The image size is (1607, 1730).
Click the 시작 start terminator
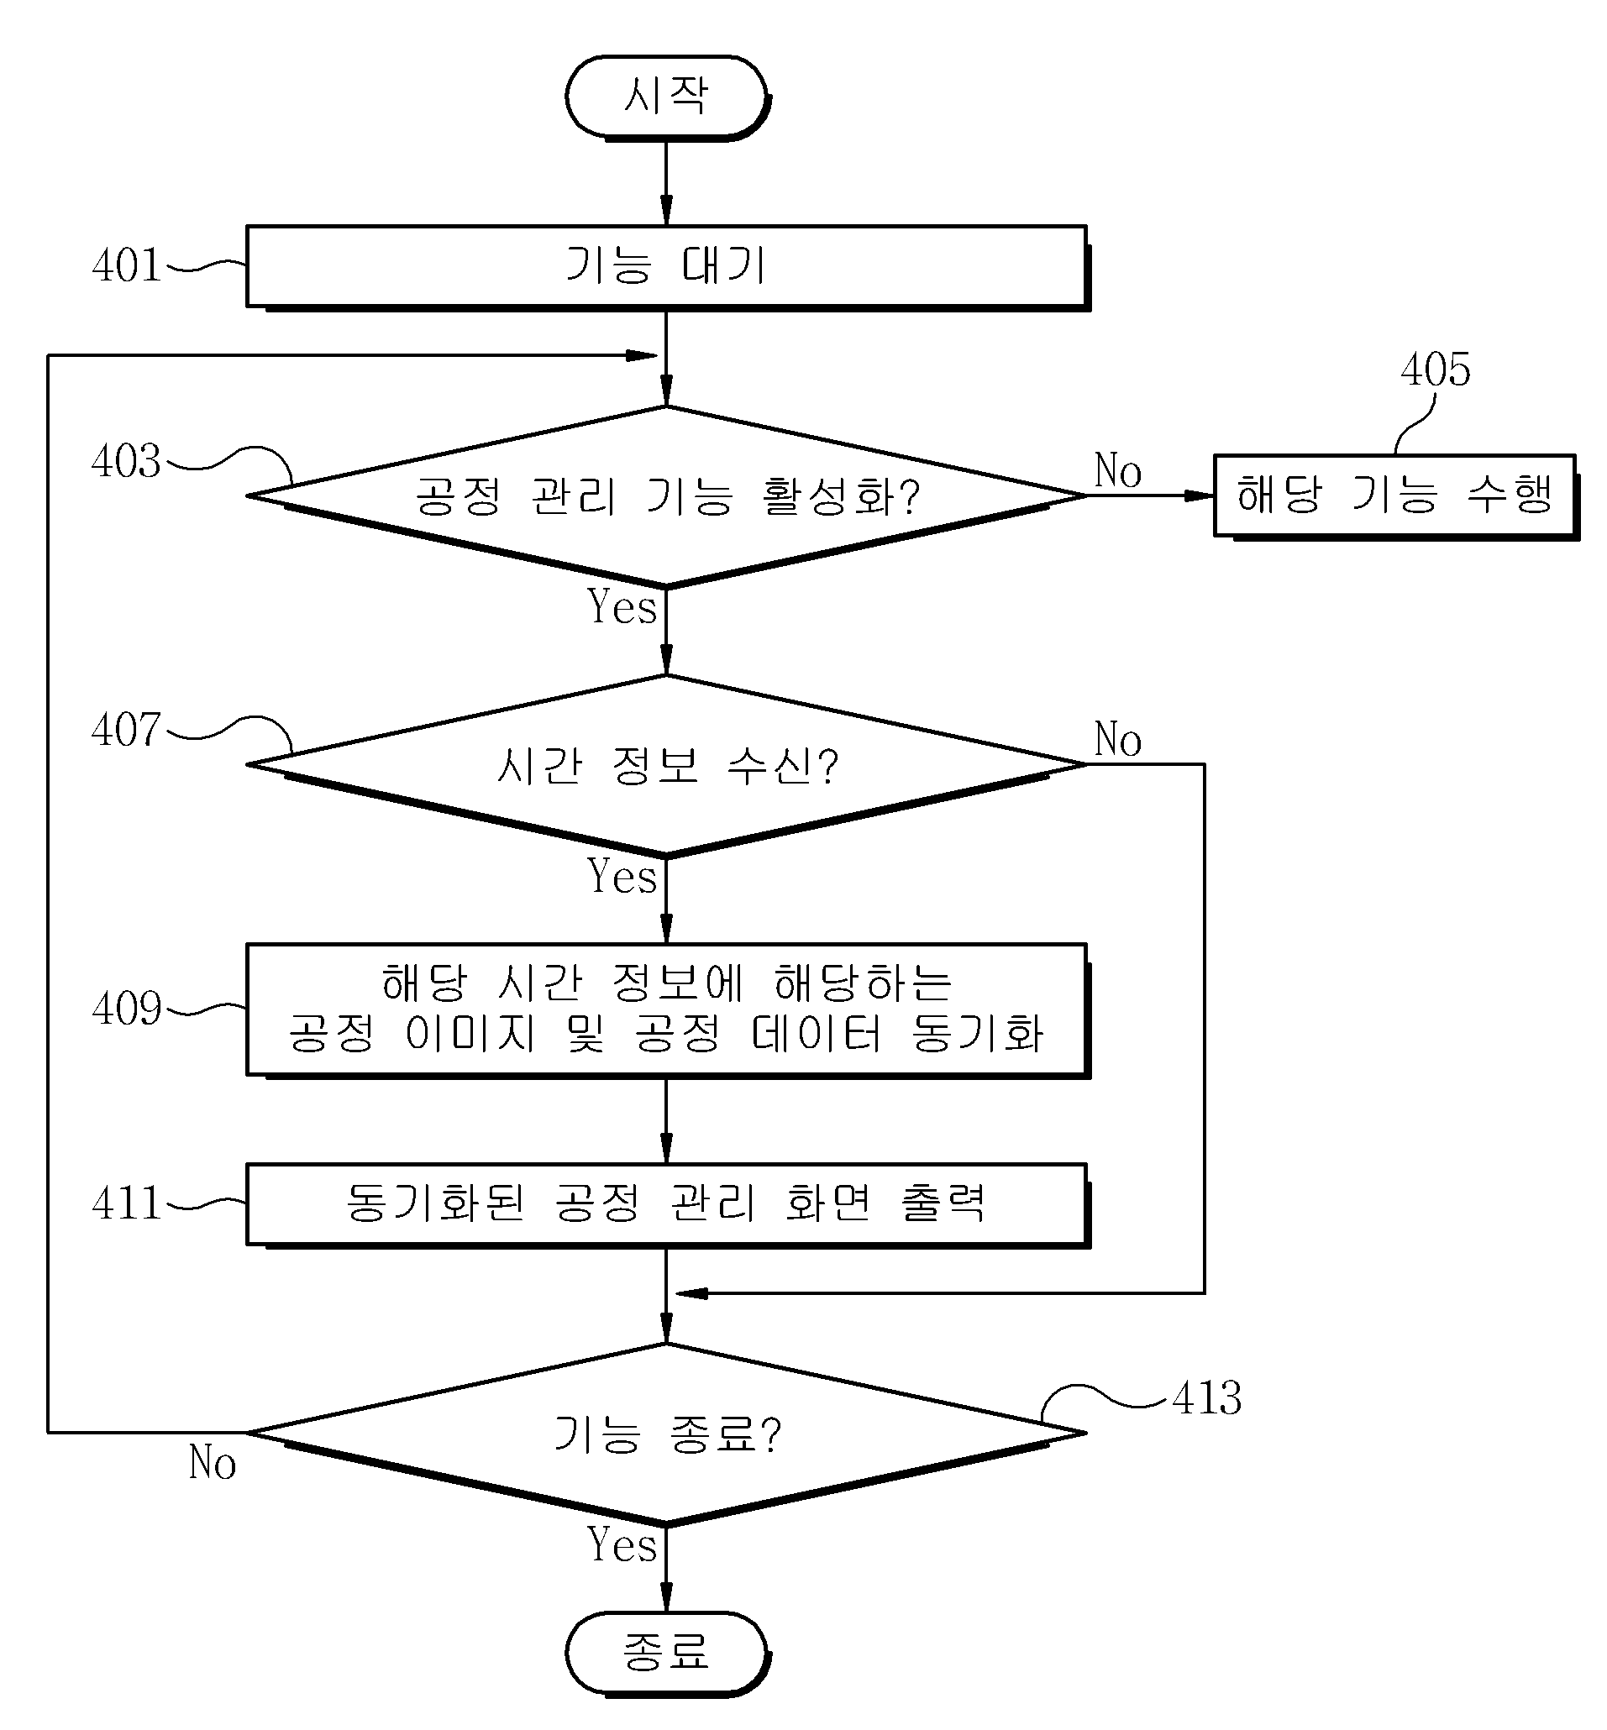point(667,97)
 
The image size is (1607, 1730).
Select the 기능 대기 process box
point(668,267)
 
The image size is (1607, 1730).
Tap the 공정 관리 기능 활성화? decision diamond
point(667,496)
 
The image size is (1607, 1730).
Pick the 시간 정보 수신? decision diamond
point(667,765)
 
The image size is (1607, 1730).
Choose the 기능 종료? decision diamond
point(667,1434)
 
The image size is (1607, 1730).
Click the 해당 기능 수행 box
point(1395,495)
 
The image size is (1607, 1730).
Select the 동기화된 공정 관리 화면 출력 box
point(668,1205)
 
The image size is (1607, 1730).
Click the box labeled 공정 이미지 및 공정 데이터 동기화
point(668,1011)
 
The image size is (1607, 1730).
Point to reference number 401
point(127,265)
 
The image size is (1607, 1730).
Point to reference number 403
point(127,461)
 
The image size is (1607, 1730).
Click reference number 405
point(1436,370)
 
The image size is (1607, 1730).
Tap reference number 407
point(127,730)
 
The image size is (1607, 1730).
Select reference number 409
point(127,1009)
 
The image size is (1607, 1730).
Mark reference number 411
point(127,1203)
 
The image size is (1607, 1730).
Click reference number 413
point(1207,1398)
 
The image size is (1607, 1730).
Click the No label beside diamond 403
point(1118,470)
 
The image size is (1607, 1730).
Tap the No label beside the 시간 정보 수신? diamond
point(1118,739)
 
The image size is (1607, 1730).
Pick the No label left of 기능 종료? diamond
point(213,1462)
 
